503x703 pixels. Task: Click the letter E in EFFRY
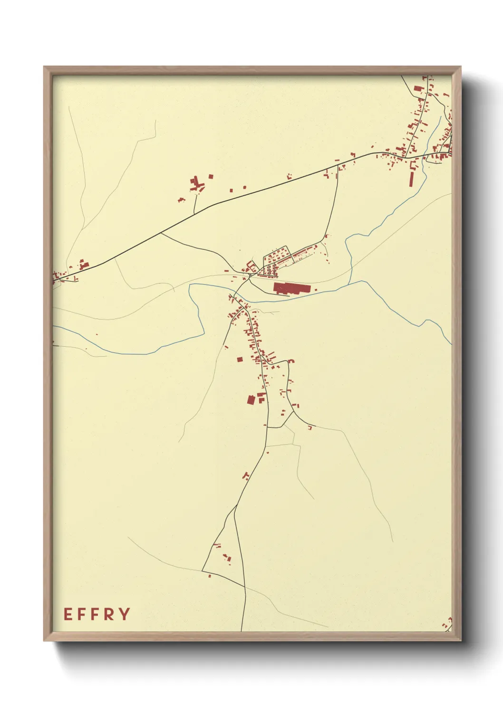coord(68,614)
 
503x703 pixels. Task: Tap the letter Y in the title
coord(125,614)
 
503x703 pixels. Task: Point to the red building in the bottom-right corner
coord(447,623)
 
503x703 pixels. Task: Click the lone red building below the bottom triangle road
coord(210,576)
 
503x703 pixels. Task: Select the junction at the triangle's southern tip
coord(245,587)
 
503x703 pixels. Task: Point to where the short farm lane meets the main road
coord(194,213)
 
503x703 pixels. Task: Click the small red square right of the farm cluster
coord(211,177)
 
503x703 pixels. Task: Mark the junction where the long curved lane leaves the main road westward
coord(161,232)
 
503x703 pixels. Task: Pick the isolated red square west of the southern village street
coord(240,359)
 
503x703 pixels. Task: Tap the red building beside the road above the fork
coord(245,475)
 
